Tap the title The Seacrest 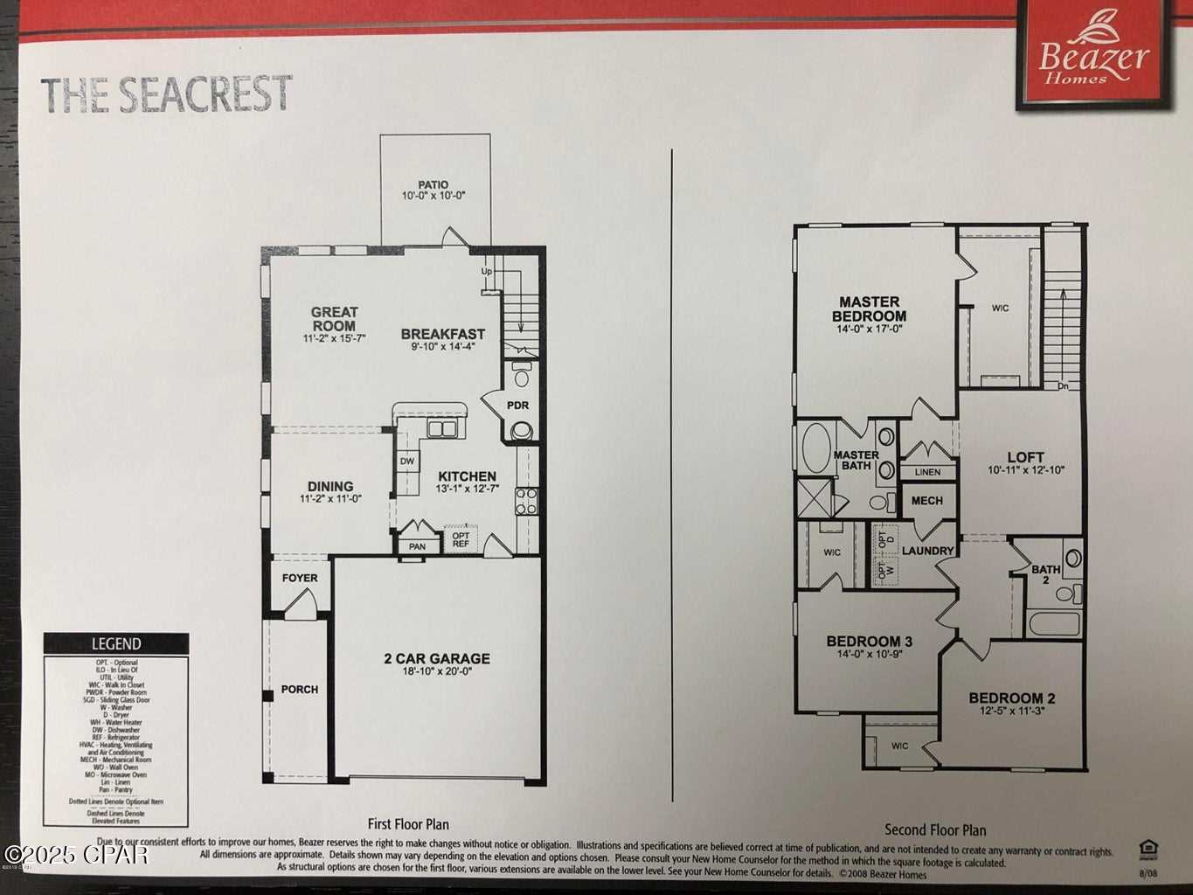166,94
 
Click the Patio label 433,184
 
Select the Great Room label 334,318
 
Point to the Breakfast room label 442,334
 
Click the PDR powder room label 517,406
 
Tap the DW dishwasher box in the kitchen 407,461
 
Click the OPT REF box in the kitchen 461,540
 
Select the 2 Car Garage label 436,658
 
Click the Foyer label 300,578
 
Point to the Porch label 300,690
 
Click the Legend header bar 116,644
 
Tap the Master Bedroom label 869,309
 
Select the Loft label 1025,457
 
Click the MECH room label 926,501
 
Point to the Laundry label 927,551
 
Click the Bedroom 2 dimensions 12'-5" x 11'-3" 1012,711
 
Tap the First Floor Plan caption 408,824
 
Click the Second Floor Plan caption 935,830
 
